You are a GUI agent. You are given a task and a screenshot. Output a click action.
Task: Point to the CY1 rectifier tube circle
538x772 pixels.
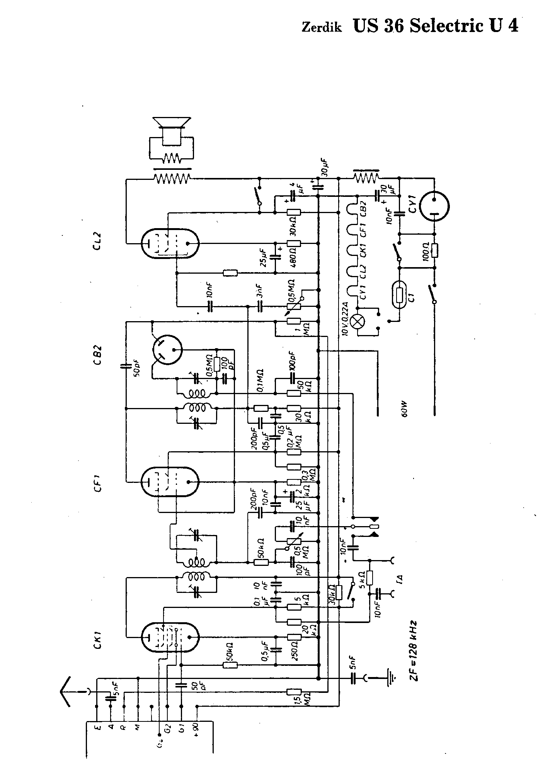tap(434, 207)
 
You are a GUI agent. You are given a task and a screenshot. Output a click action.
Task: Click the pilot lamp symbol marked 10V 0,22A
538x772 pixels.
tap(357, 321)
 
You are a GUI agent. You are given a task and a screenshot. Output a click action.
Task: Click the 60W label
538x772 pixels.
tap(404, 413)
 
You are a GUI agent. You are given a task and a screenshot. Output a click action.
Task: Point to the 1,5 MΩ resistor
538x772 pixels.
tap(294, 692)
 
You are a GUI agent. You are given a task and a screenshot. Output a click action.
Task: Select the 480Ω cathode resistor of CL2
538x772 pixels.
tap(294, 244)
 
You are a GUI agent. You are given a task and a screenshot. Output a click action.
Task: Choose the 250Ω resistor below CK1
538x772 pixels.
tap(294, 637)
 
